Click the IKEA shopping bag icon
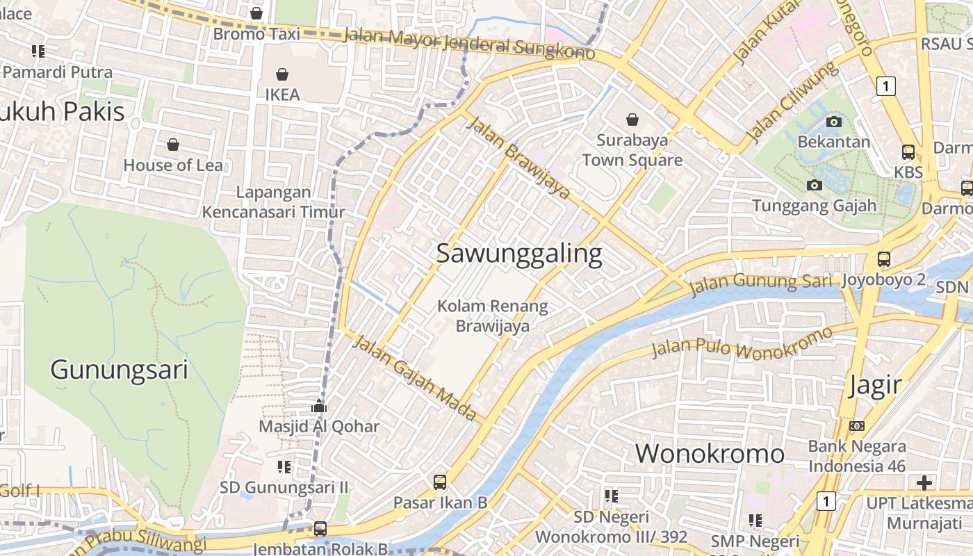[x=282, y=74]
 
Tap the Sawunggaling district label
[x=519, y=254]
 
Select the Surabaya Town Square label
[x=632, y=150]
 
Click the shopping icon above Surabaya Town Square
[x=632, y=120]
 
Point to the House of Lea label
[x=173, y=165]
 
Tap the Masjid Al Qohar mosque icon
[x=319, y=406]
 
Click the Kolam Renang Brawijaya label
[x=493, y=316]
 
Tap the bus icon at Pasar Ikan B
[x=440, y=482]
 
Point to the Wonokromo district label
[x=710, y=454]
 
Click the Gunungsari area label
[x=119, y=370]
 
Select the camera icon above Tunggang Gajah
[x=814, y=185]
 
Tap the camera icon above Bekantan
[x=833, y=122]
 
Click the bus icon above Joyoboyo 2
[x=883, y=259]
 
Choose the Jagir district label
[x=874, y=385]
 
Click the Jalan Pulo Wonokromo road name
[x=741, y=342]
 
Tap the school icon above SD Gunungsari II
[x=284, y=466]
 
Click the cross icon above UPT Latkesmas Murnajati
[x=924, y=482]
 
